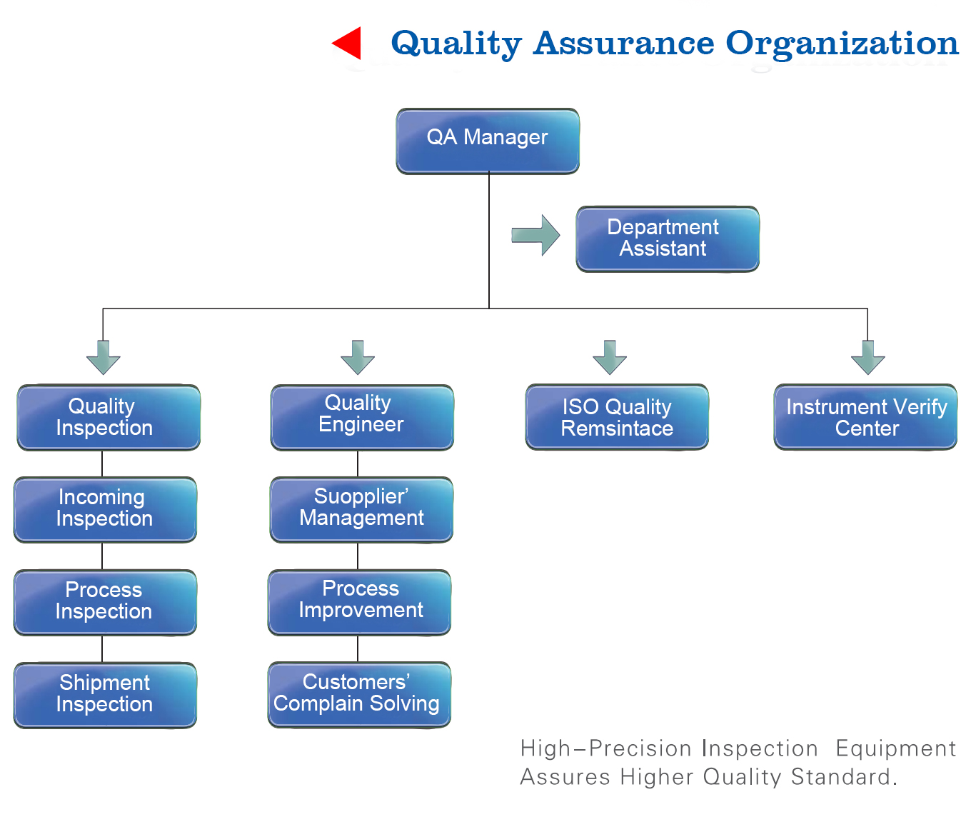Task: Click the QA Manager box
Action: point(488,141)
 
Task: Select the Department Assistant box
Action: point(668,239)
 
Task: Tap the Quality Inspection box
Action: point(109,417)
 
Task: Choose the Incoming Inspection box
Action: point(105,509)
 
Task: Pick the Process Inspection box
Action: point(105,602)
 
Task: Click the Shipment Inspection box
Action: point(105,695)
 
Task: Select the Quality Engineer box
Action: point(362,417)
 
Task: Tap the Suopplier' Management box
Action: point(361,509)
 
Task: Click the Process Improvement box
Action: point(360,602)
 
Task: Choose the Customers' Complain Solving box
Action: point(359,694)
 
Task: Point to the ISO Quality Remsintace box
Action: point(617,417)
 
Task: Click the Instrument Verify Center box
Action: point(865,417)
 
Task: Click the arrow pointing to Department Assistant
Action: point(536,235)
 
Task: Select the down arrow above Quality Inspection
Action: point(104,357)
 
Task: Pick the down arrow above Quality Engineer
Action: point(358,357)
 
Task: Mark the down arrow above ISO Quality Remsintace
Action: point(610,357)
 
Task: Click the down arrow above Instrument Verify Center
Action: point(867,357)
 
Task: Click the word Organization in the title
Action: point(842,44)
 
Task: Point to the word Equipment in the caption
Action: point(895,748)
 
